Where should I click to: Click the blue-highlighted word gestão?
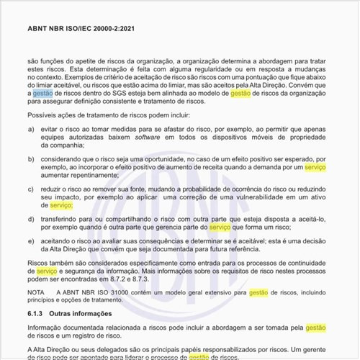tap(42, 92)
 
